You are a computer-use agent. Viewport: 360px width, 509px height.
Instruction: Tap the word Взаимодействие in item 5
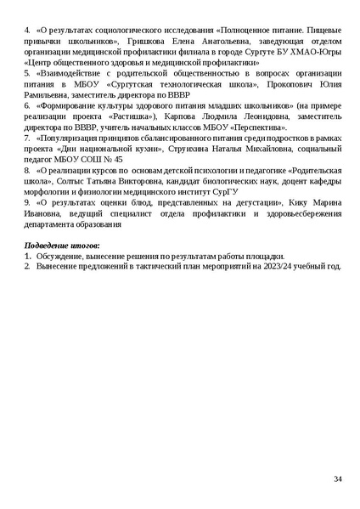click(67, 73)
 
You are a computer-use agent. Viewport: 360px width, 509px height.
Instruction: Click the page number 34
click(337, 480)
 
